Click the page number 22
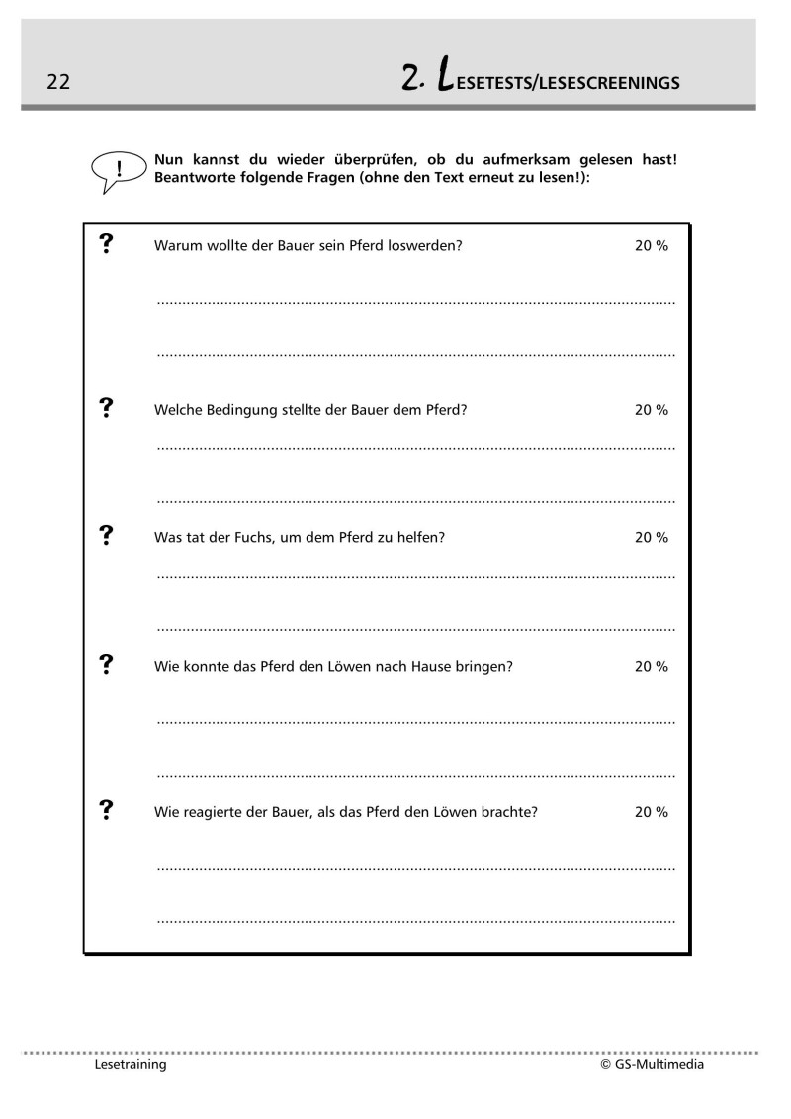point(57,82)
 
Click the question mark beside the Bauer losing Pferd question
point(107,244)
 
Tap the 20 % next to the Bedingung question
point(651,410)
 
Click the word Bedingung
point(233,410)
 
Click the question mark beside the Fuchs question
point(107,536)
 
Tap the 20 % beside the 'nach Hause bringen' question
point(651,667)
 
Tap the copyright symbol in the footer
point(605,1066)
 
